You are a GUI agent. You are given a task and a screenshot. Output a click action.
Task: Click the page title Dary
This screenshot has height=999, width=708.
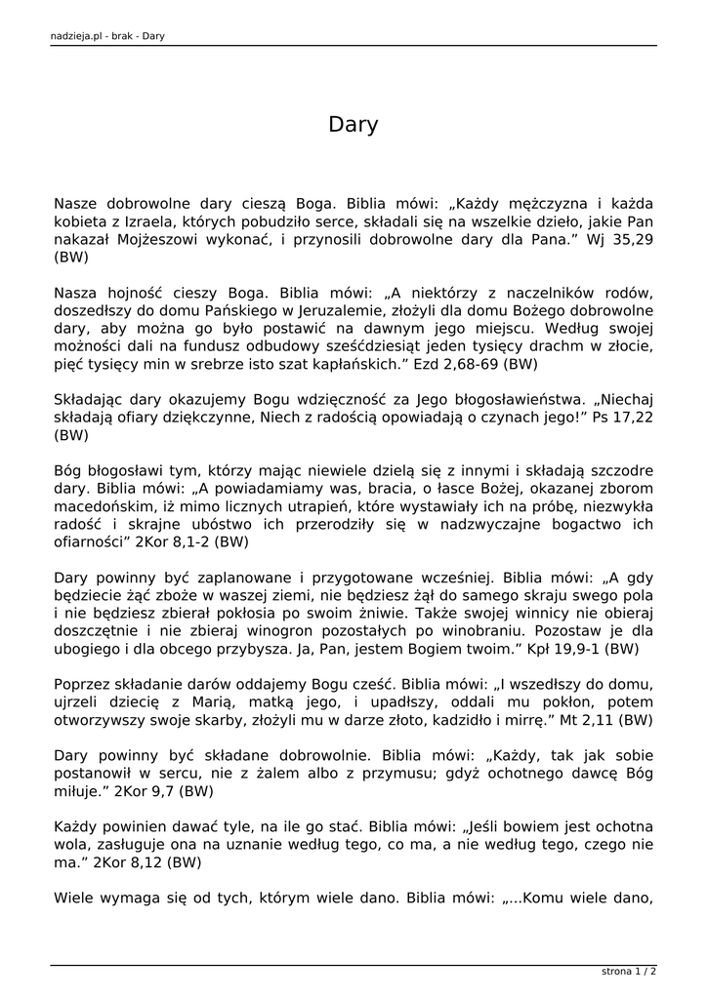(353, 126)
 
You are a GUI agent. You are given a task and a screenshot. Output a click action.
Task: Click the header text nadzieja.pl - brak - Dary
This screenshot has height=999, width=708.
(106, 37)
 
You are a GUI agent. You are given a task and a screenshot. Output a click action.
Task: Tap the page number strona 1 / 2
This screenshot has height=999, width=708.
(629, 972)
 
